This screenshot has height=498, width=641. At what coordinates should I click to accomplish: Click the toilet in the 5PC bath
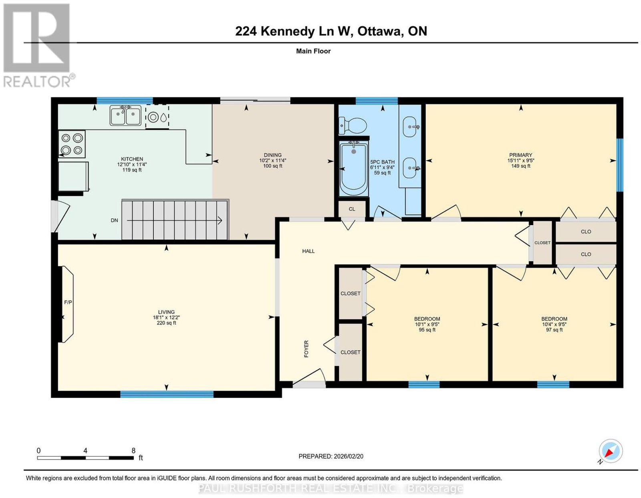click(353, 126)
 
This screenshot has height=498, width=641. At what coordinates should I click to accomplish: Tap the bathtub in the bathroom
click(354, 168)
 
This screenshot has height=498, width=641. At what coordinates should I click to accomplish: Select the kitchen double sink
click(125, 115)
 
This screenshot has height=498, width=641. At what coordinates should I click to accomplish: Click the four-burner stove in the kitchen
click(72, 144)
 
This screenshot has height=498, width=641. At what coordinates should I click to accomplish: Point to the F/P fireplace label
click(68, 302)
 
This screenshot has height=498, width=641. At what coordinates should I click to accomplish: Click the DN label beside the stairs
click(114, 220)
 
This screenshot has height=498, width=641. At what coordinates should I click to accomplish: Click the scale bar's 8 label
click(133, 451)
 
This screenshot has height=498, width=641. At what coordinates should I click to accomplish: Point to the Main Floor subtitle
click(313, 51)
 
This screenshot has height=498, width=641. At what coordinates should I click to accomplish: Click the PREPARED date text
click(331, 456)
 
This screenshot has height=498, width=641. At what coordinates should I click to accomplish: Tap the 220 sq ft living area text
click(166, 323)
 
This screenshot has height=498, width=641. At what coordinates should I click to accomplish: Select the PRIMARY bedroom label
click(521, 155)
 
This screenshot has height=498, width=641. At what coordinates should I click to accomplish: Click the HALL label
click(308, 251)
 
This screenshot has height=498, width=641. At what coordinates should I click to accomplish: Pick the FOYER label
click(306, 349)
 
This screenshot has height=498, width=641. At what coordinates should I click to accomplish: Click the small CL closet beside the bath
click(352, 209)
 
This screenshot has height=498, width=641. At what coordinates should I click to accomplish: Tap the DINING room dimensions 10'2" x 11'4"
click(272, 160)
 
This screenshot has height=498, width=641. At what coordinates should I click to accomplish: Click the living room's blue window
click(167, 394)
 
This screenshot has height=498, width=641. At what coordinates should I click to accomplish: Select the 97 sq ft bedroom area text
click(554, 330)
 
